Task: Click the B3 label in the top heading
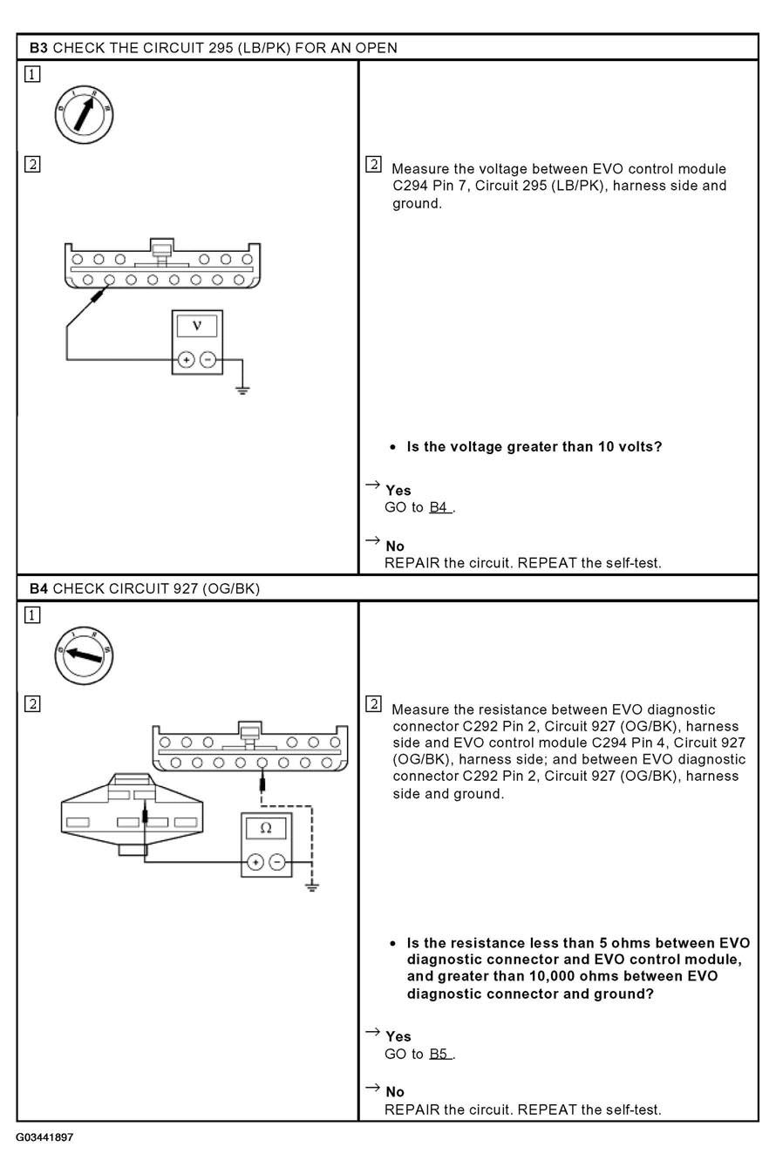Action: [x=38, y=48]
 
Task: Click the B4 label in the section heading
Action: [x=38, y=588]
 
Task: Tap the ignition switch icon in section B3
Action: [x=85, y=113]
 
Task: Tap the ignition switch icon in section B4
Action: [x=84, y=654]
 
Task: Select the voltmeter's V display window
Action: [x=197, y=326]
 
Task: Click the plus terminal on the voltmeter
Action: [x=186, y=359]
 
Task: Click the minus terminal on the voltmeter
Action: [x=208, y=359]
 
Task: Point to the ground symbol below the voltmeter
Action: [x=242, y=389]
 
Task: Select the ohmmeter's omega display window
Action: [x=266, y=828]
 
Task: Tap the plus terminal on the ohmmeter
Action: [x=255, y=862]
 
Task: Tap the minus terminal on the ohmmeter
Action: [x=277, y=862]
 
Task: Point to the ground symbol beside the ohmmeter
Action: [x=311, y=886]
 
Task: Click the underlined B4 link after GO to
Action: [x=439, y=507]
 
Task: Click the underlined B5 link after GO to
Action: [x=439, y=1054]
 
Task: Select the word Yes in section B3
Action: [x=398, y=491]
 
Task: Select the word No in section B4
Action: [x=394, y=1092]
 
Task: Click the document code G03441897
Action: [x=44, y=1137]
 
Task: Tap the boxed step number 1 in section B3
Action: [x=32, y=75]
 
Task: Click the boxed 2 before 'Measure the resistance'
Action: [x=373, y=704]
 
